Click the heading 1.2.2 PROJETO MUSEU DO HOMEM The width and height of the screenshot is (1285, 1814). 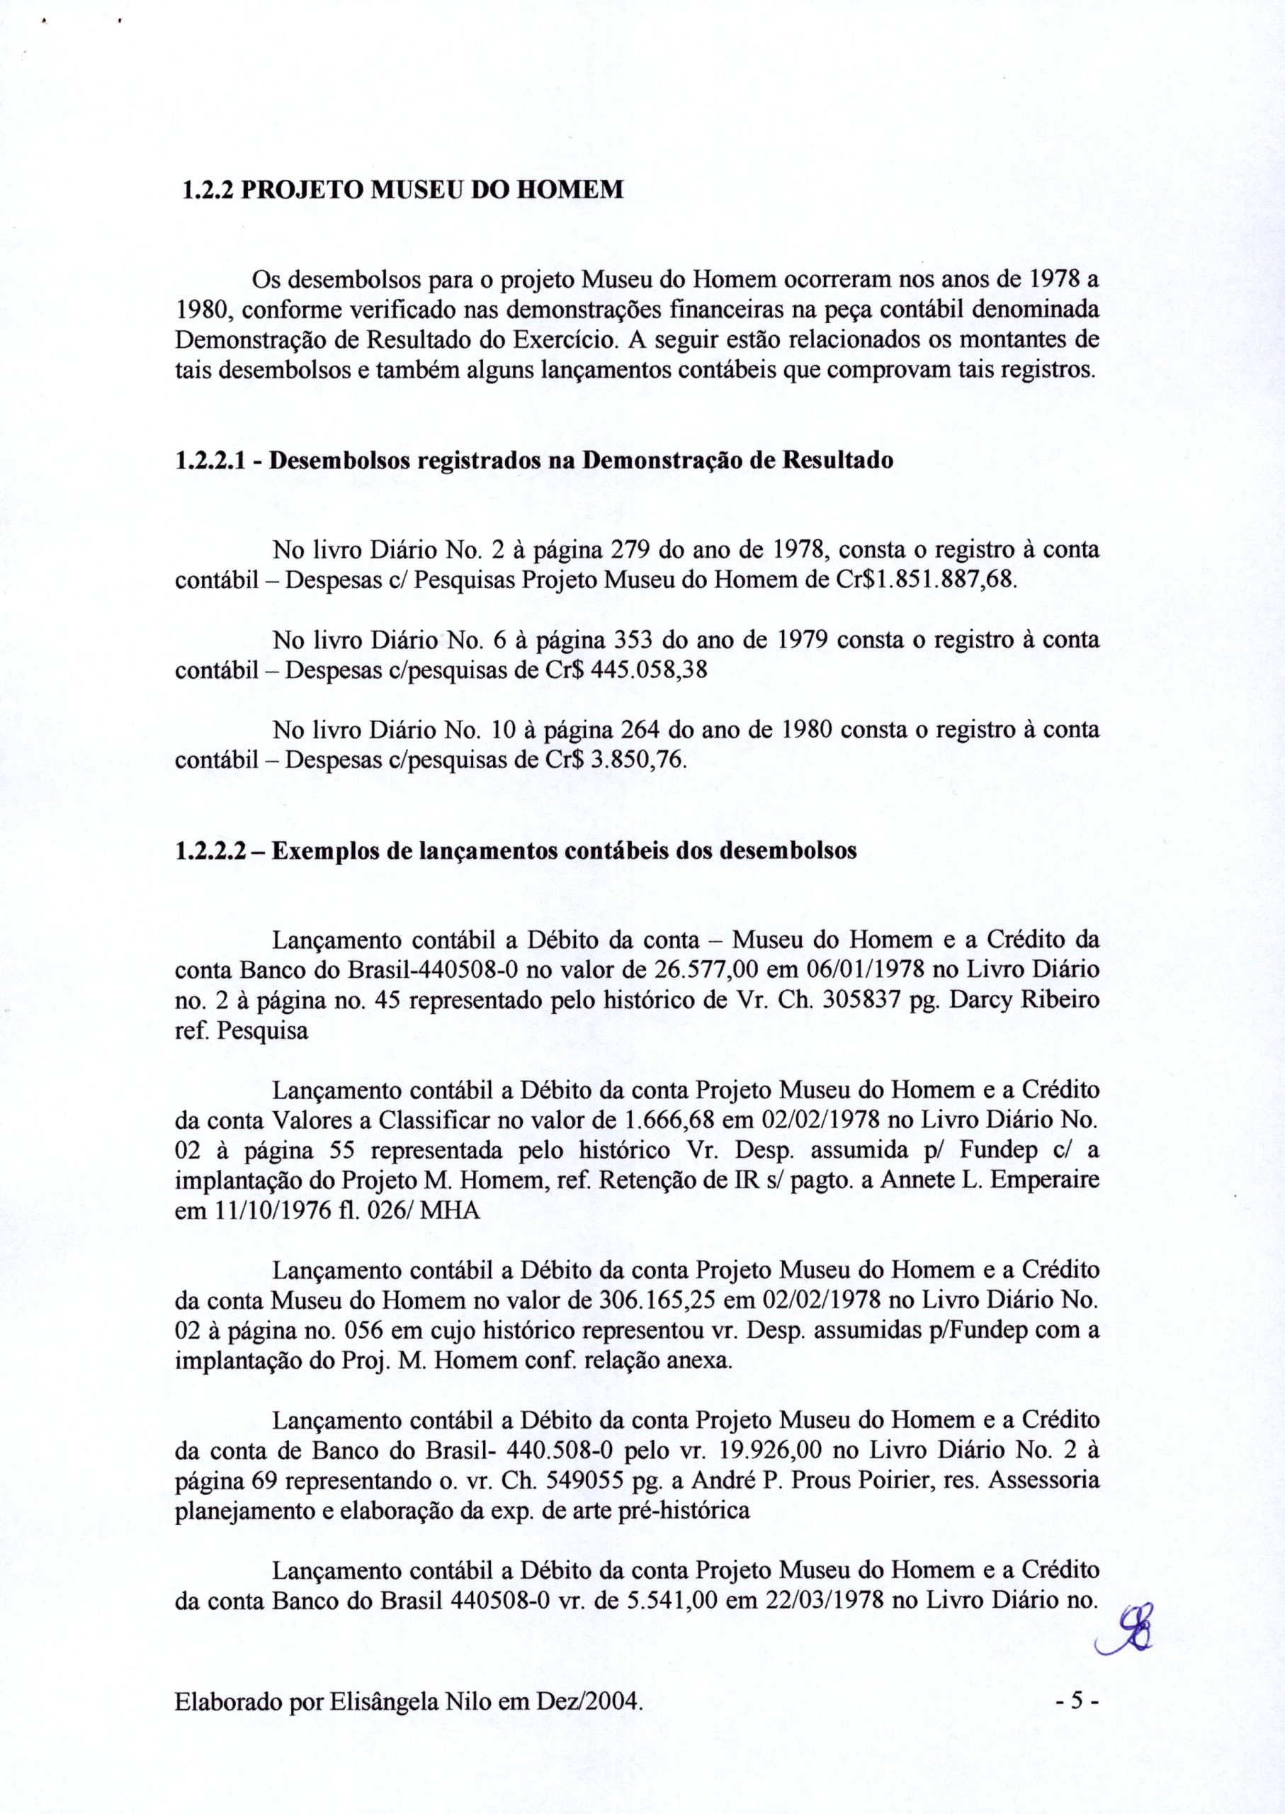click(x=400, y=190)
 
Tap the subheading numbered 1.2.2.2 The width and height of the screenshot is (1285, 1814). click(x=515, y=852)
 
